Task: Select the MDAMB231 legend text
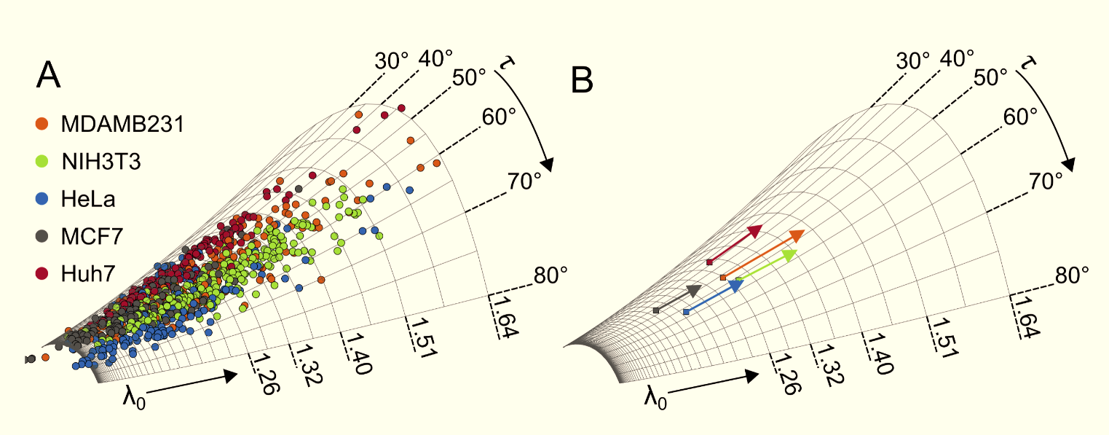coord(122,124)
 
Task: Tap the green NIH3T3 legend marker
coord(42,162)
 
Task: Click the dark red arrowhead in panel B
coord(755,232)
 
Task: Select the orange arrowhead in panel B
coord(797,235)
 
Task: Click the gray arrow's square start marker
coord(656,310)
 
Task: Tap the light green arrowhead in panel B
coord(790,254)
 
